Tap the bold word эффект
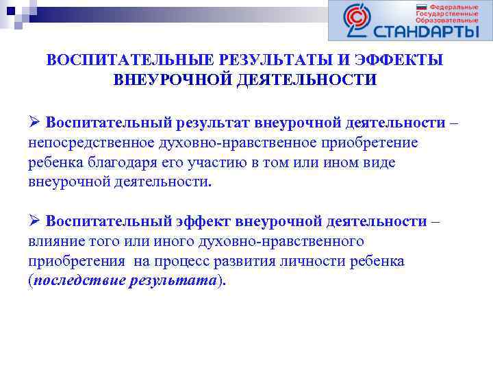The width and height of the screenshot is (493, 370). [202, 221]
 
